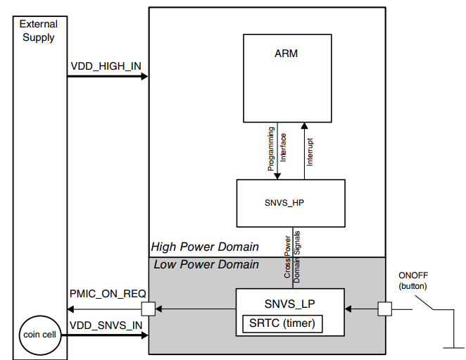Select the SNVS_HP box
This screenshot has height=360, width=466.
point(290,201)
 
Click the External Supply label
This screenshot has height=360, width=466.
point(38,31)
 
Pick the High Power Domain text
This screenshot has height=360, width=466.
point(204,247)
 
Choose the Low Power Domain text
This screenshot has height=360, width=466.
point(204,265)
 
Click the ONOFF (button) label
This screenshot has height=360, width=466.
point(415,280)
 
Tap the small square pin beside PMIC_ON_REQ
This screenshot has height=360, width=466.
point(149,309)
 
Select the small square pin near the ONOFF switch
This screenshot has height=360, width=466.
point(384,309)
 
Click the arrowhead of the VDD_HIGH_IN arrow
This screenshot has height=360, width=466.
point(144,76)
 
